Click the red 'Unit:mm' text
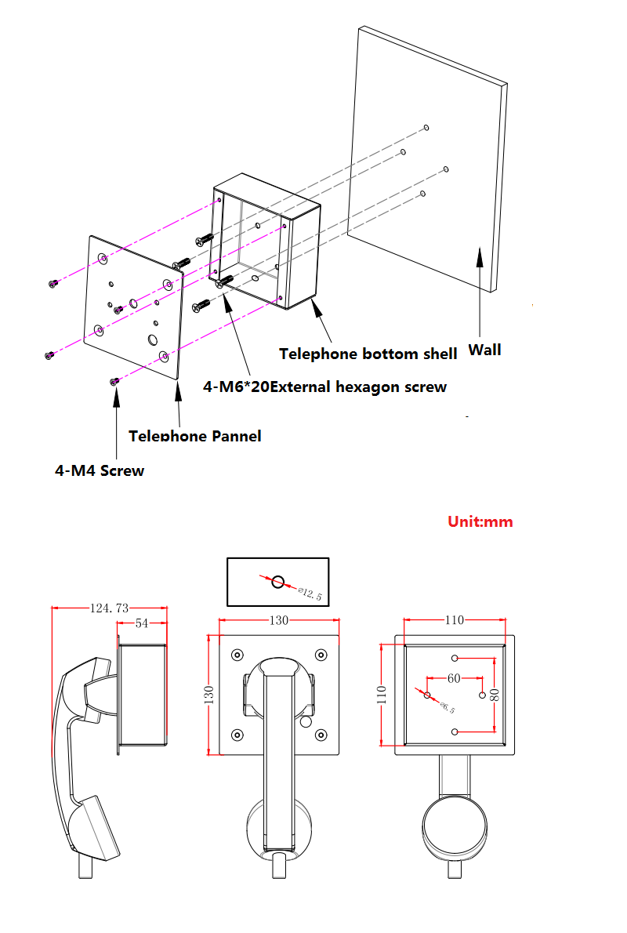click(x=480, y=521)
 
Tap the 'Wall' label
click(x=484, y=350)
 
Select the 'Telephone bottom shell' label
click(x=368, y=354)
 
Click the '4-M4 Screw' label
click(x=100, y=470)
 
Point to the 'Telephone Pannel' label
click(x=194, y=436)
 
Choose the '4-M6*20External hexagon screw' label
click(x=324, y=387)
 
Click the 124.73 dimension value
click(x=110, y=608)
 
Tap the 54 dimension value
click(x=142, y=623)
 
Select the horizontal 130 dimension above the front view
click(x=279, y=620)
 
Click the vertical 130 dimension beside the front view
click(x=209, y=695)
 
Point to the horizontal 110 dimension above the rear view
click(x=455, y=620)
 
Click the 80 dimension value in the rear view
click(x=495, y=694)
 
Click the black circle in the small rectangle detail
click(x=277, y=581)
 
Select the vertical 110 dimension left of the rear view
click(x=381, y=694)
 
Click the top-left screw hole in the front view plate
click(x=237, y=655)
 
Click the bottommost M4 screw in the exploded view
click(x=114, y=381)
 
